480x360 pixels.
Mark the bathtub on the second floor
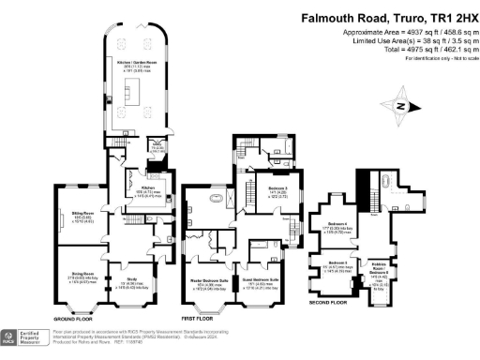click(x=387, y=180)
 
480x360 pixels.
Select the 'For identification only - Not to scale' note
click(x=438, y=58)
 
